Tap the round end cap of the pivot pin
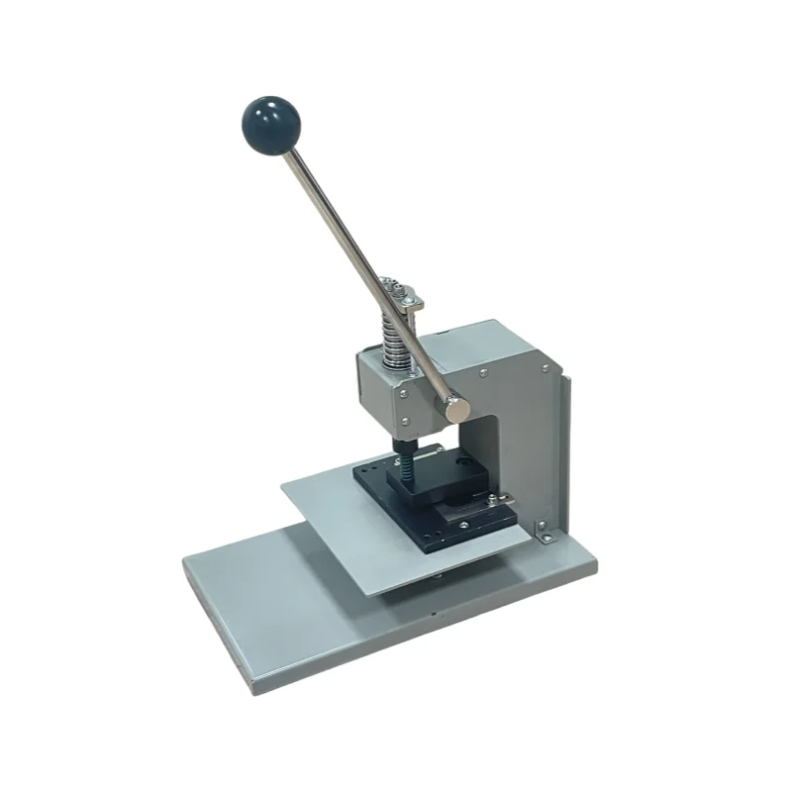point(456,403)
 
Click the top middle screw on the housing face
point(482,373)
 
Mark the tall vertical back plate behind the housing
point(559,445)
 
